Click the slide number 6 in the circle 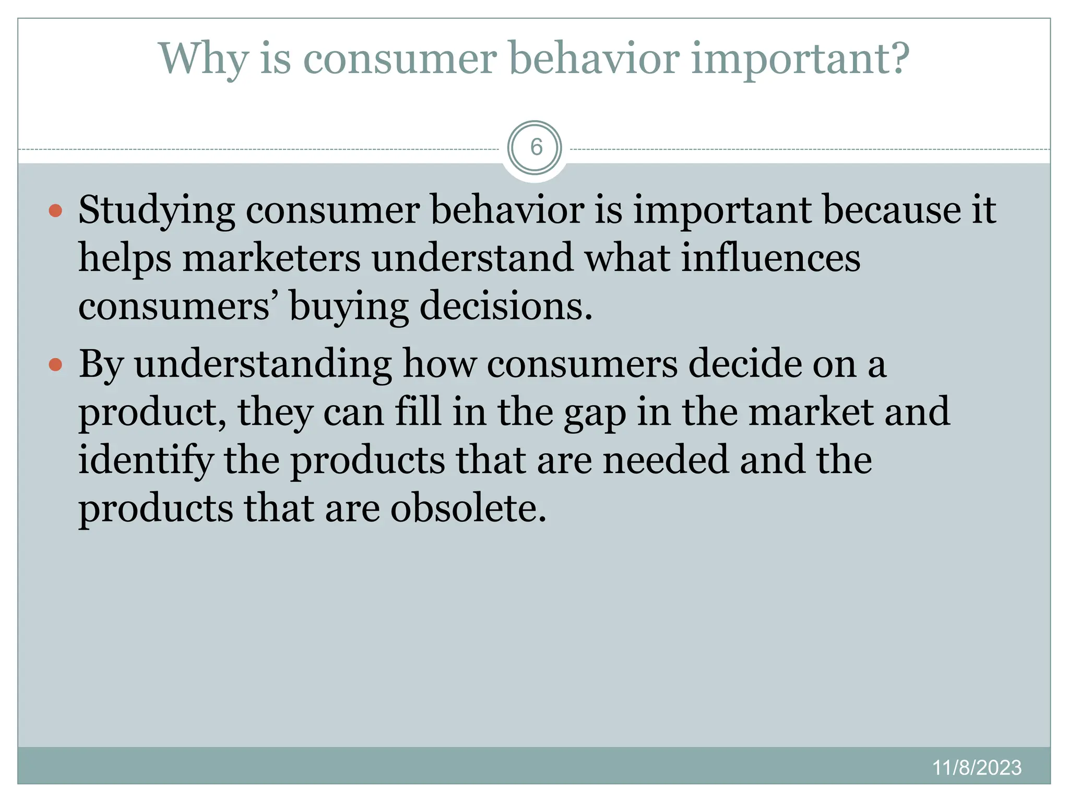click(536, 148)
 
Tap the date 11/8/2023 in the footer click(977, 768)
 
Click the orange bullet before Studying click(55, 211)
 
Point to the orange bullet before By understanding click(55, 364)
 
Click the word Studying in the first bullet click(157, 211)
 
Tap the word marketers click(271, 258)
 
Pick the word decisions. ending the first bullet click(506, 307)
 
